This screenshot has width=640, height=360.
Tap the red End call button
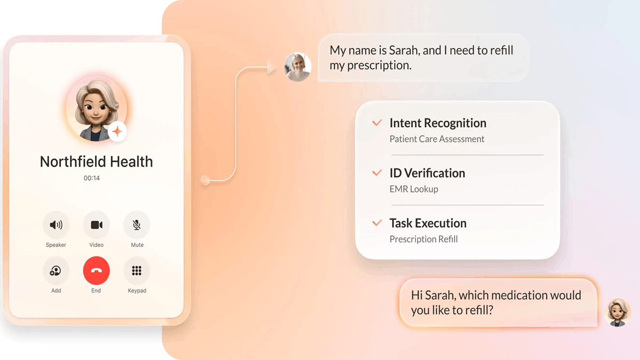pos(96,270)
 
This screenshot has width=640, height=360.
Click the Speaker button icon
pos(56,225)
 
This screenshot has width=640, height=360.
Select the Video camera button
pos(97,225)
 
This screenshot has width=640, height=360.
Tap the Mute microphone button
pos(137,225)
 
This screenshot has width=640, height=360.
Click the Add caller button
pos(56,270)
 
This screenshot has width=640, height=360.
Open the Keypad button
pos(137,270)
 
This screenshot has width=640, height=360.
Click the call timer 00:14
pos(92,178)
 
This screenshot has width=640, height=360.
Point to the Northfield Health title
pos(96,162)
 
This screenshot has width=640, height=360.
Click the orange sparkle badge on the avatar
pos(117,131)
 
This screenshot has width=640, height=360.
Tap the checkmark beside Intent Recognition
pos(377,123)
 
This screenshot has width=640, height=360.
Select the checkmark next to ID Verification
pos(377,173)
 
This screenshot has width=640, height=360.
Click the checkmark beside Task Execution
pos(377,223)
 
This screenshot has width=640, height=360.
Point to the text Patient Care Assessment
pos(437,139)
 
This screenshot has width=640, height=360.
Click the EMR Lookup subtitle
pos(413,189)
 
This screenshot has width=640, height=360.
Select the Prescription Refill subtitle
pos(423,239)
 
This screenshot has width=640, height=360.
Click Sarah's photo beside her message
pos(298,67)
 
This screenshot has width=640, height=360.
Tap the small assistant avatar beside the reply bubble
pos(618,312)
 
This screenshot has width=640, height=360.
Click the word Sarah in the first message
pos(404,51)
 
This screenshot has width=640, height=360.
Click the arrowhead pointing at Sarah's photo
pos(272,67)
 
